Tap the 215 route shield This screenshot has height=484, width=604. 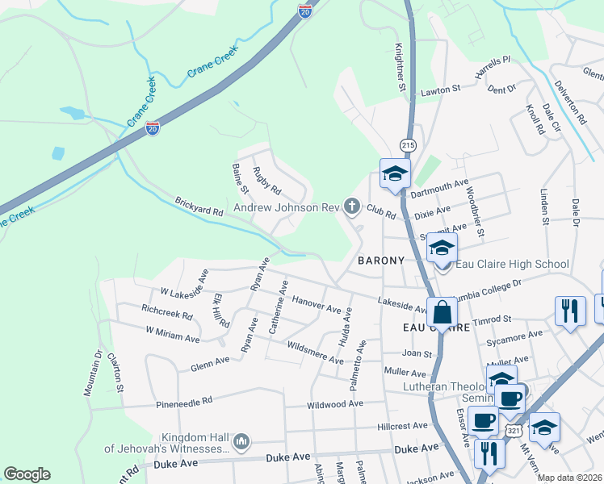pos(407,144)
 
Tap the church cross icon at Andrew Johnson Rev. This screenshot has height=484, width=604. pos(351,207)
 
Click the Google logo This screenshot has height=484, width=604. pos(27,474)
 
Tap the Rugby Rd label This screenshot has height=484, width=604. pos(266,181)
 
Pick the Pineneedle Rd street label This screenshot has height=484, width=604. pos(184,400)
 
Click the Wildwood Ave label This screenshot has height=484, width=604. pos(334,404)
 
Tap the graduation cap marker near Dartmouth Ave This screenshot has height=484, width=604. pos(396,173)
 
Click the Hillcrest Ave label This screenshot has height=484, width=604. pos(402,425)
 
